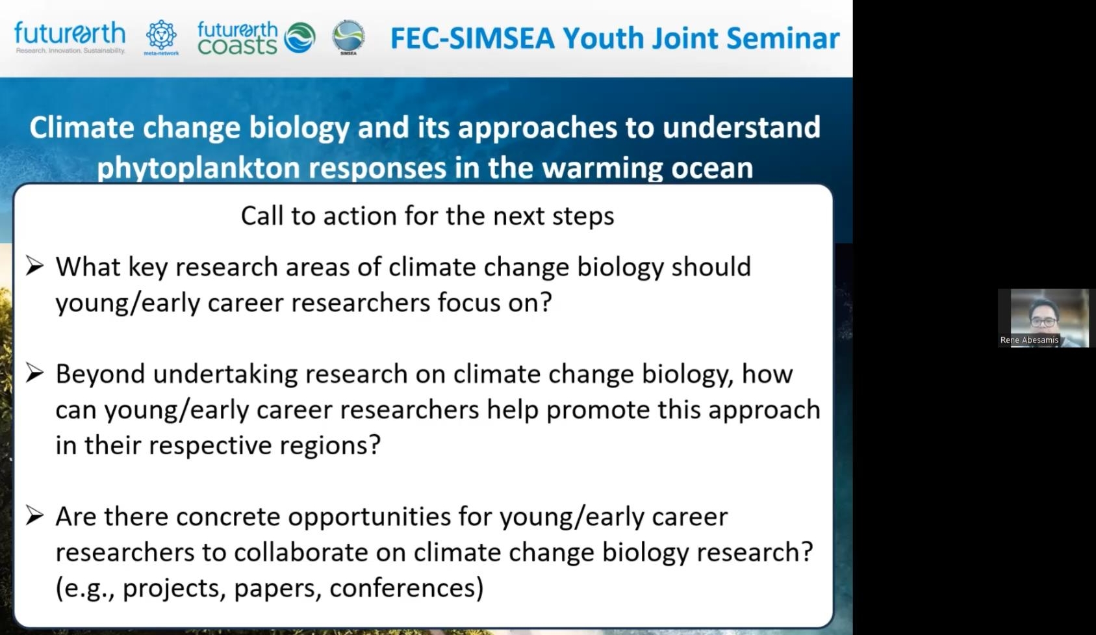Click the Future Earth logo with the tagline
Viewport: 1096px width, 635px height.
coord(70,37)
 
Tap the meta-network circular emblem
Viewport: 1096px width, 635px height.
coord(162,37)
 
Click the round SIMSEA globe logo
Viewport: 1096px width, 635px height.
coord(348,37)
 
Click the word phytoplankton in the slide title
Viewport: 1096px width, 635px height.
coord(198,168)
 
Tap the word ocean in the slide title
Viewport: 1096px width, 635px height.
coord(712,168)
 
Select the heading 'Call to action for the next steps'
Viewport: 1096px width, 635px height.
coord(427,216)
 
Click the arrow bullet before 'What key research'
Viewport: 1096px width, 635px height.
coord(35,266)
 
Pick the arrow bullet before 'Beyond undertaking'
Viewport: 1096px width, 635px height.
coord(35,373)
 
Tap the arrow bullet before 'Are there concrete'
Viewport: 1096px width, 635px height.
coord(35,515)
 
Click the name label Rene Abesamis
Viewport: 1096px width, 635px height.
coord(1029,340)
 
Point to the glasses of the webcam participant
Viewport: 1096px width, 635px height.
coord(1043,322)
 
